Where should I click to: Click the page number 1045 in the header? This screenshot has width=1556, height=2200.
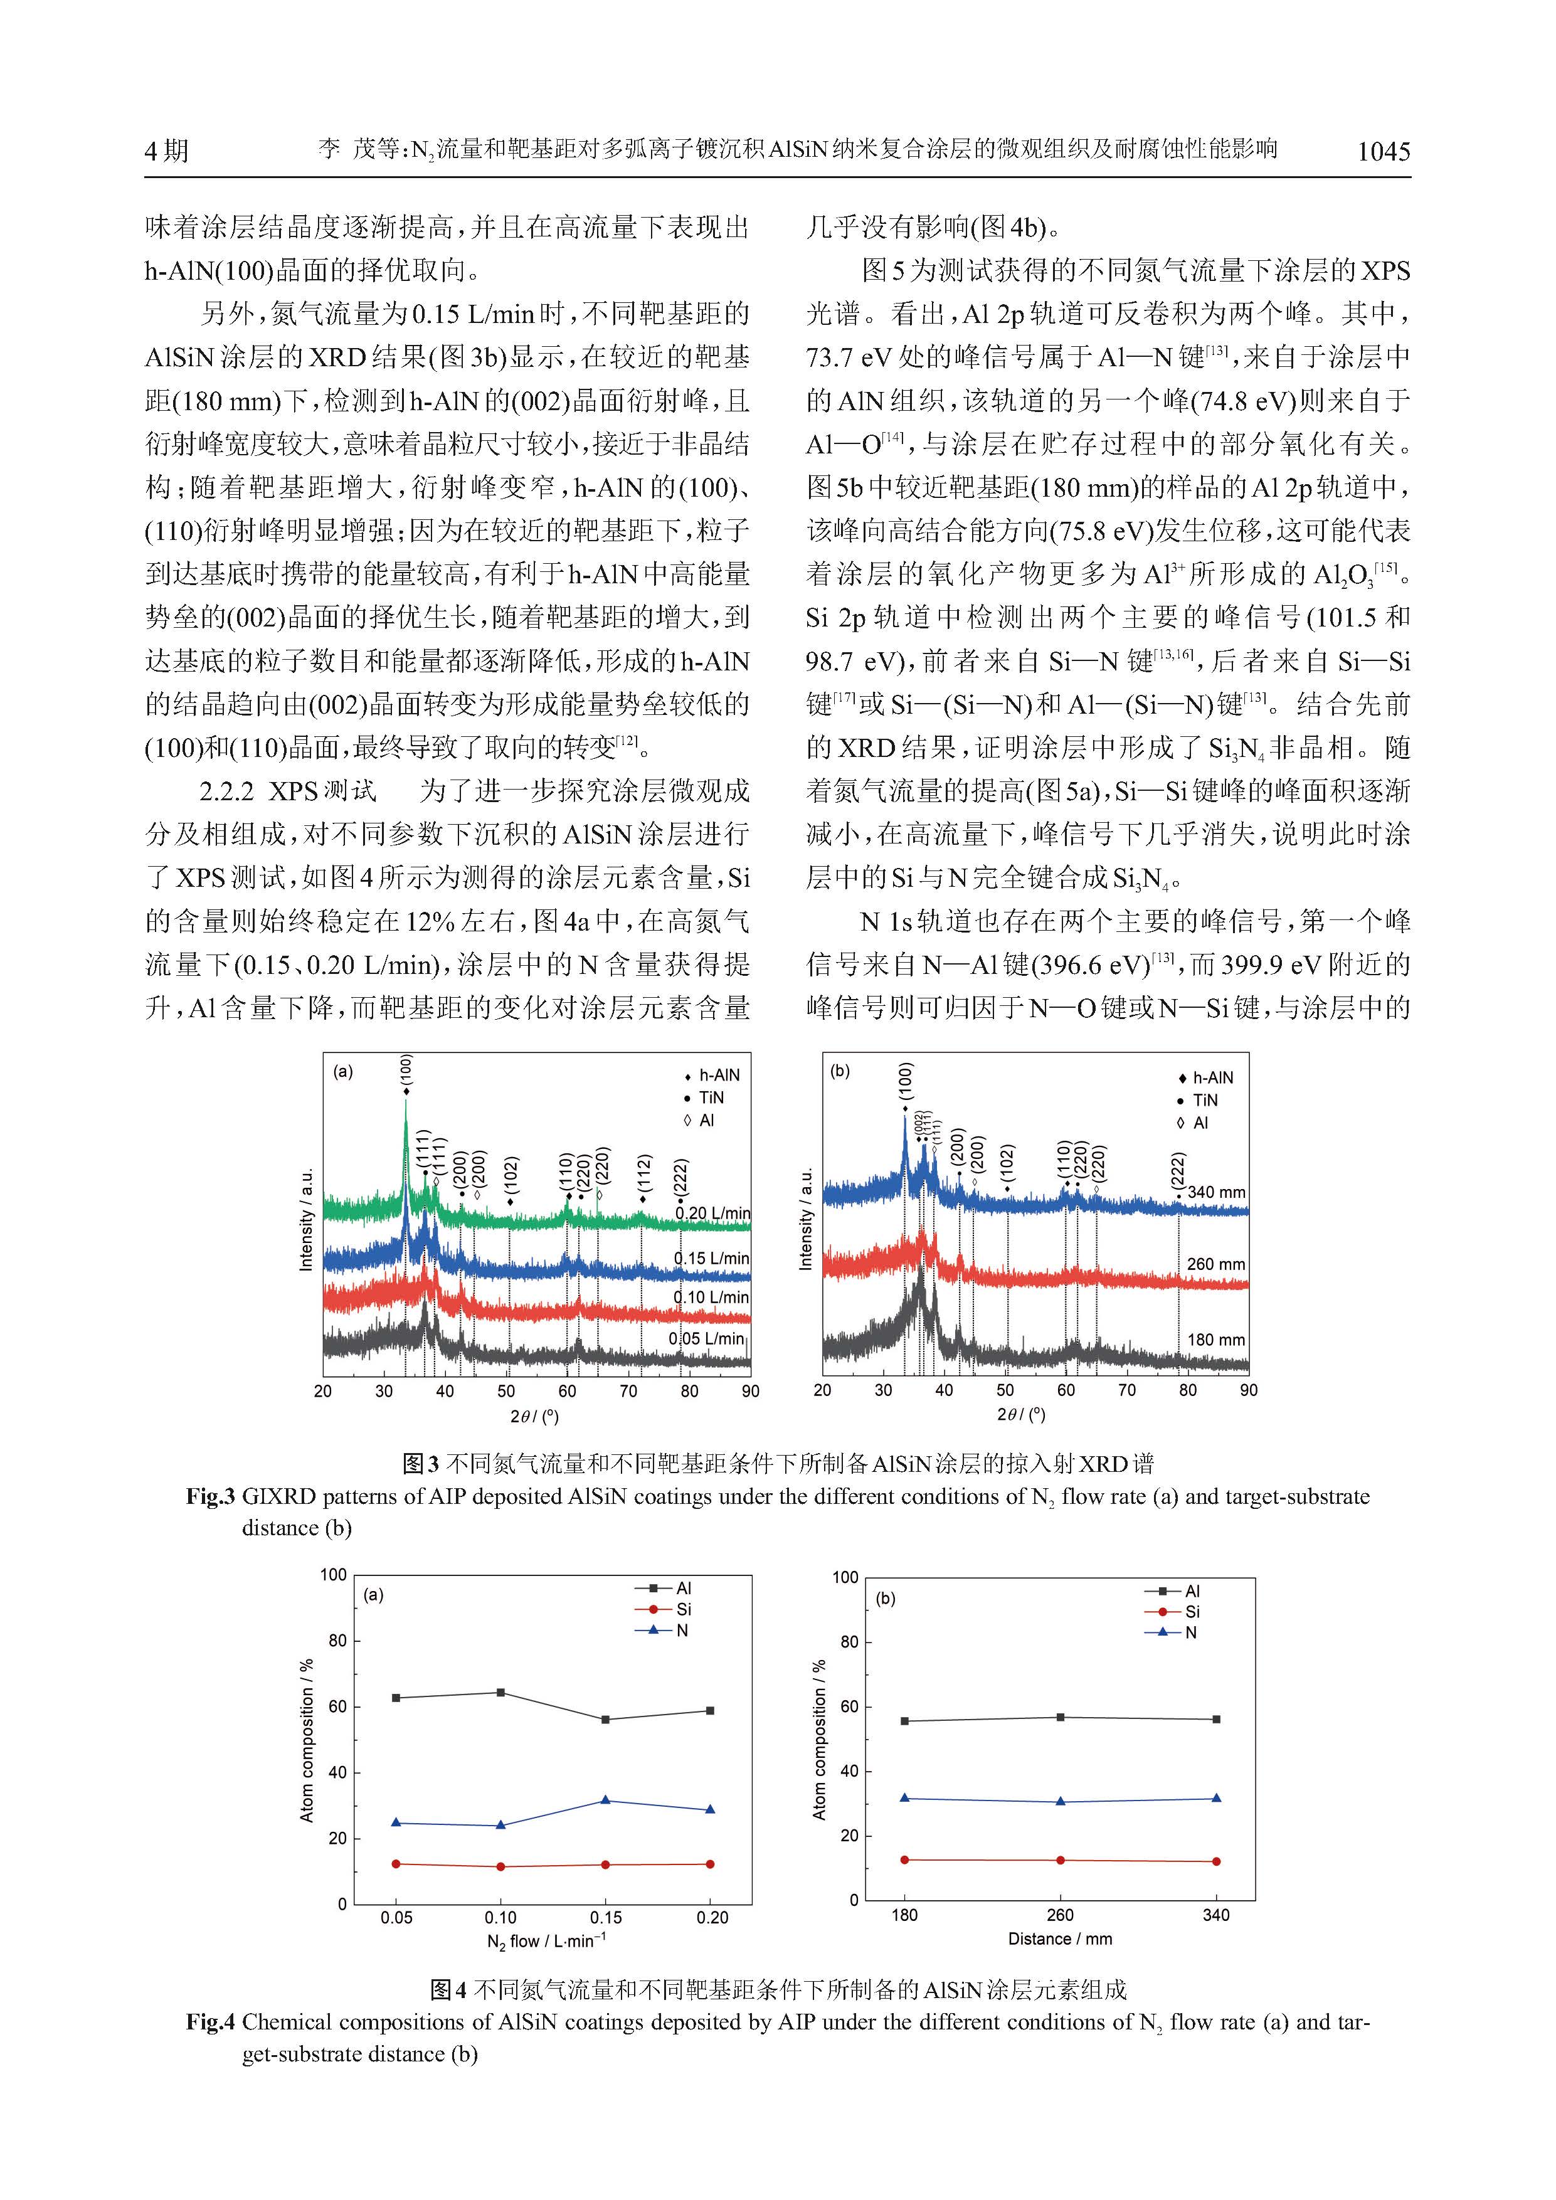(x=1384, y=151)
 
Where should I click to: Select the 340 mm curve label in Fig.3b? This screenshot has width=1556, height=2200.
(x=1217, y=1193)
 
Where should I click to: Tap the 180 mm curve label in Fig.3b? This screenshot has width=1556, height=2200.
(x=1216, y=1340)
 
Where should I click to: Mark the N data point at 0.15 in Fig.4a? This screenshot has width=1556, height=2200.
(x=605, y=1801)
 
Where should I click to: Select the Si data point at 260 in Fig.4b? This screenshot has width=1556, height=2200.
(x=1060, y=1860)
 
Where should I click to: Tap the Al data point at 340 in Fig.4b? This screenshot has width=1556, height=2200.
(x=1217, y=1719)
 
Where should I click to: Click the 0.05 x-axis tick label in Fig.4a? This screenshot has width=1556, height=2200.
(x=396, y=1917)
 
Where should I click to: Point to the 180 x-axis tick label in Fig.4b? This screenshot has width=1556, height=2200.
(x=904, y=1915)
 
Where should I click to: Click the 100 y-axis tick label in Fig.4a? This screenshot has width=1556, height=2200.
(x=332, y=1575)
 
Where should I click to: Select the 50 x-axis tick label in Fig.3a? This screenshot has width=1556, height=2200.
(x=506, y=1391)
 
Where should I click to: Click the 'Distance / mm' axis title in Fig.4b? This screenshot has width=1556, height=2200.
(x=1060, y=1939)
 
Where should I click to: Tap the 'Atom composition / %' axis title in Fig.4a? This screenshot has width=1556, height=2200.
(x=307, y=1740)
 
